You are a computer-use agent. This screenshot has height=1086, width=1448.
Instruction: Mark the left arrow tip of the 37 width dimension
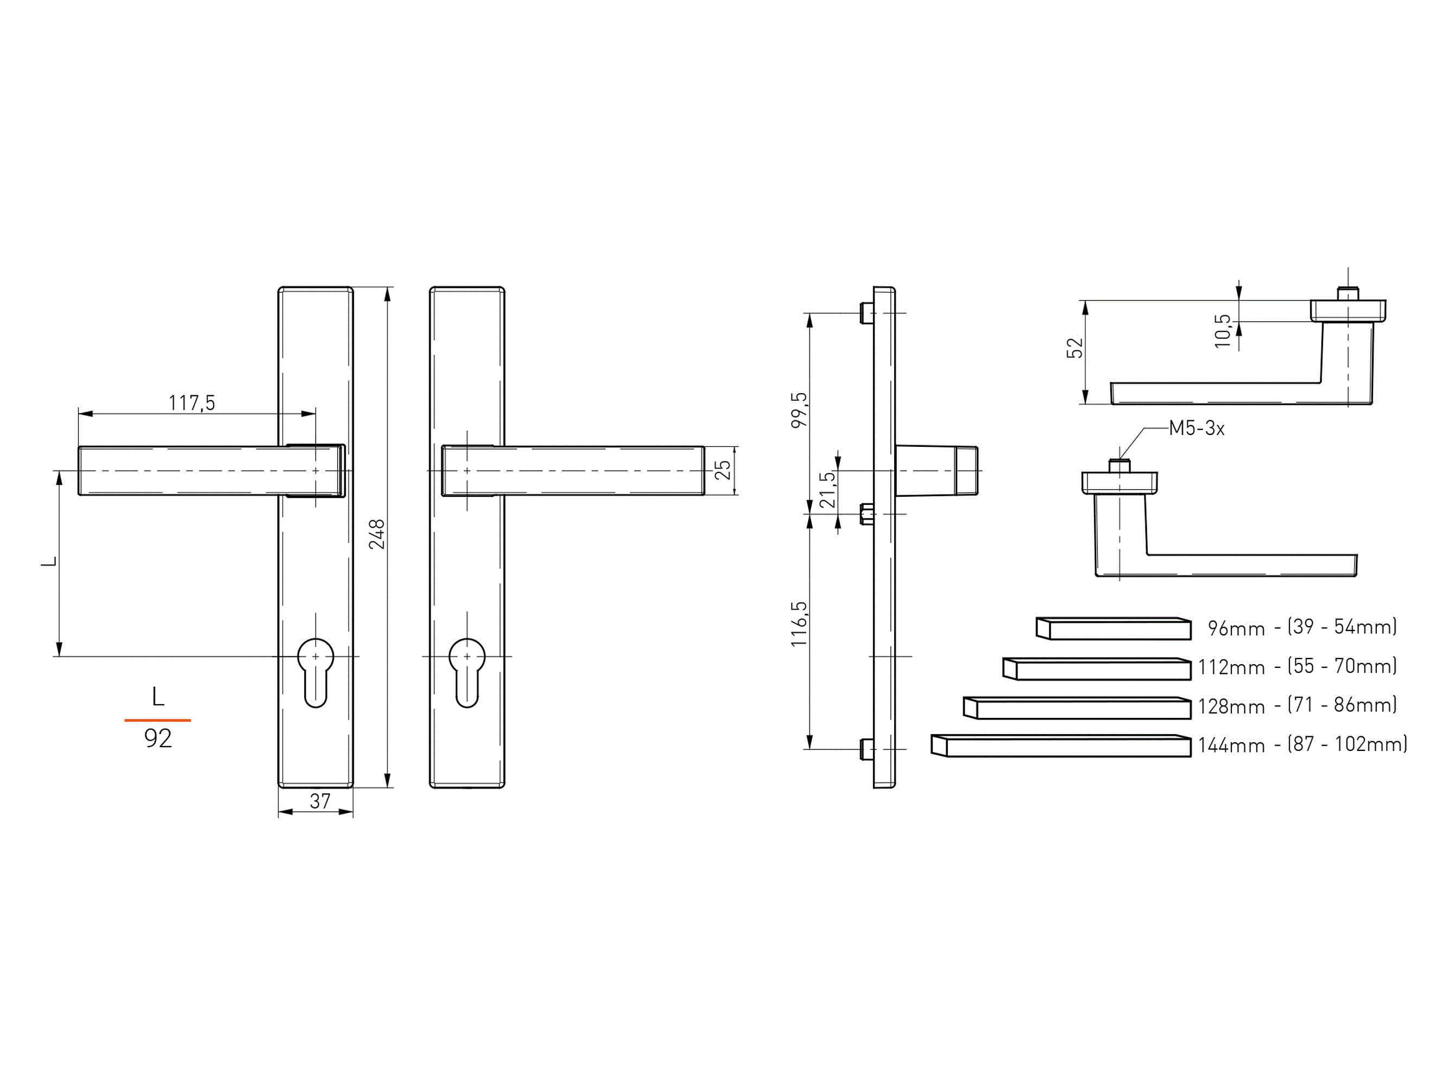(x=279, y=812)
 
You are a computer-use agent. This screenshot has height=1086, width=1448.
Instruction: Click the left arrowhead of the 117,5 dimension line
(x=79, y=414)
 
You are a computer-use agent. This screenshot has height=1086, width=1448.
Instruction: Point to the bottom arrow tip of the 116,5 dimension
(x=810, y=749)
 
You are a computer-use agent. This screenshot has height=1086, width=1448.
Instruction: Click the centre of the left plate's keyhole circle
(x=315, y=656)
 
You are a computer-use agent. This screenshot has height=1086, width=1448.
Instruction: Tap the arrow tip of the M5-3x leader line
(x=1119, y=460)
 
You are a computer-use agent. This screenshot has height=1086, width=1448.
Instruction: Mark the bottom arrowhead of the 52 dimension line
(x=1085, y=403)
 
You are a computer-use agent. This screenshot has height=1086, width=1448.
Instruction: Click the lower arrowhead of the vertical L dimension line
(x=60, y=655)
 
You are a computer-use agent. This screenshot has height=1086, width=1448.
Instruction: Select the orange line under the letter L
(x=158, y=720)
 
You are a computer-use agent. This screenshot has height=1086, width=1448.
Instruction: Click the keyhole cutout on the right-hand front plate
(x=467, y=672)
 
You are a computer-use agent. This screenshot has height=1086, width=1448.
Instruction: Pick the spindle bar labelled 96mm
(x=1114, y=628)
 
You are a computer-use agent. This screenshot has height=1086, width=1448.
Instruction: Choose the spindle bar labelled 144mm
(x=1061, y=746)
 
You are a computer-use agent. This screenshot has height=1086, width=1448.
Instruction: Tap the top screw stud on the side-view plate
(x=867, y=313)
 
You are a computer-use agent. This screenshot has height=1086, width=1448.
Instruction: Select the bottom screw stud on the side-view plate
(x=867, y=749)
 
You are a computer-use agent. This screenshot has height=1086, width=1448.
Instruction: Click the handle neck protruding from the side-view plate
(x=937, y=471)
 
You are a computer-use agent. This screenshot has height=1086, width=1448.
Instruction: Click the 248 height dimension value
(x=377, y=534)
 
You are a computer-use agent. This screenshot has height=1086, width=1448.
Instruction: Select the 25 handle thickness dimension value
(x=722, y=470)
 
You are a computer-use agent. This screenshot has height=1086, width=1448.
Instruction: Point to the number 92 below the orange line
(x=158, y=738)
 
